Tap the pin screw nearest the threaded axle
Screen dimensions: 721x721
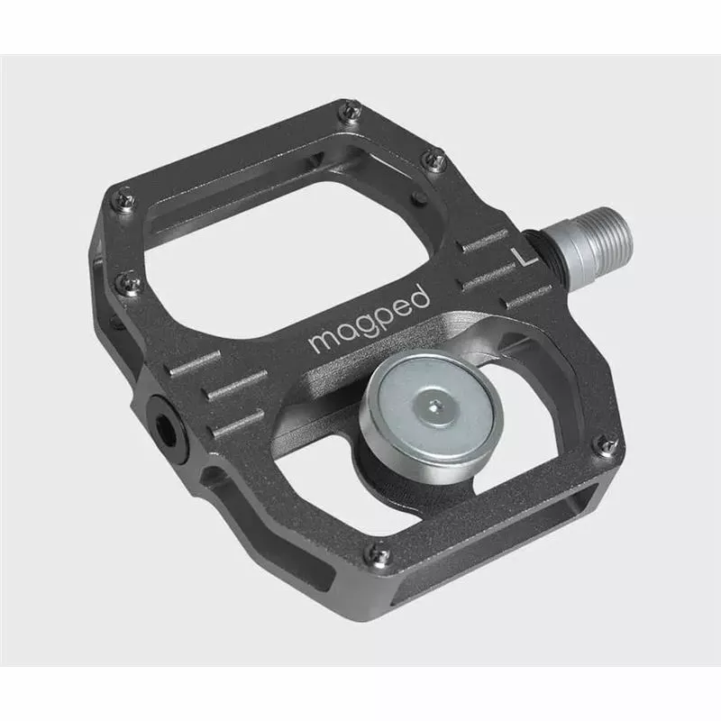[435, 161]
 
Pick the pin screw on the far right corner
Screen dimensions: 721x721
[607, 444]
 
